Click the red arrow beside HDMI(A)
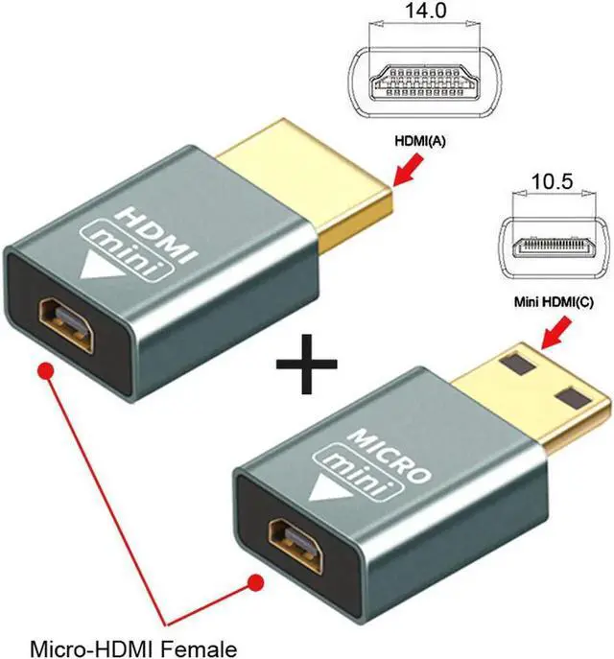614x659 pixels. pos(406,172)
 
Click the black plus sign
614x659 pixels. pos(307,367)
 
